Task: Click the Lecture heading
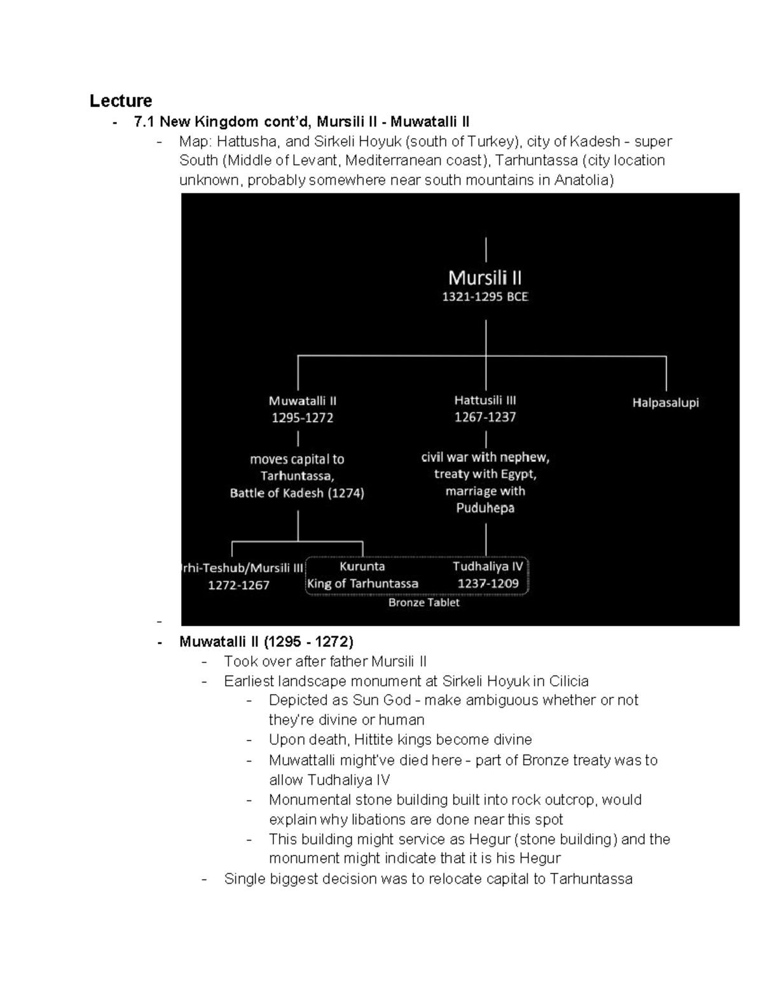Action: pos(120,101)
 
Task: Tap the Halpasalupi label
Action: pos(665,403)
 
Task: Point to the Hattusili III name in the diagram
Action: pos(485,400)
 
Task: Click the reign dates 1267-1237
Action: pos(485,417)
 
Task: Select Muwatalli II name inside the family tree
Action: pos(302,401)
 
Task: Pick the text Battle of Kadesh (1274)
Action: pos(297,493)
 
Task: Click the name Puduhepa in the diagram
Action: pos(485,508)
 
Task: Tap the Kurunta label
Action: pos(362,566)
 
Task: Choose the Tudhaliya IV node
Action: pos(488,566)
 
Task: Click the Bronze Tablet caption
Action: pos(423,602)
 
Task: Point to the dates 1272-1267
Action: pos(238,585)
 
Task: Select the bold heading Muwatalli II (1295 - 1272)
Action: pos(266,641)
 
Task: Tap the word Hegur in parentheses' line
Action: pos(490,839)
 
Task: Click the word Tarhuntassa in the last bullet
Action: pos(591,879)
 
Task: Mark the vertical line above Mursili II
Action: pos(486,249)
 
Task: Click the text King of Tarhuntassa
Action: pos(362,583)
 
